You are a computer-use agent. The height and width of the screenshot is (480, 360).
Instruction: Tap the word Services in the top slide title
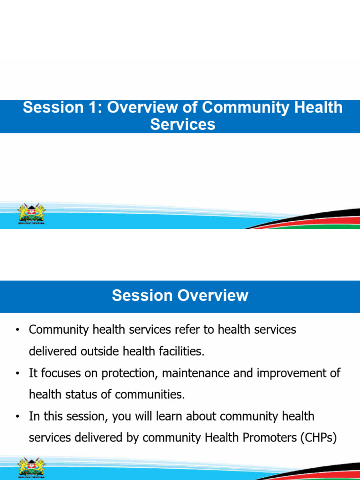click(x=182, y=124)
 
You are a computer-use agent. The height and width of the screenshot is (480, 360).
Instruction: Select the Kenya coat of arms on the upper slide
click(x=31, y=215)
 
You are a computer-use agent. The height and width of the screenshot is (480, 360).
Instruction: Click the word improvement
click(x=287, y=373)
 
